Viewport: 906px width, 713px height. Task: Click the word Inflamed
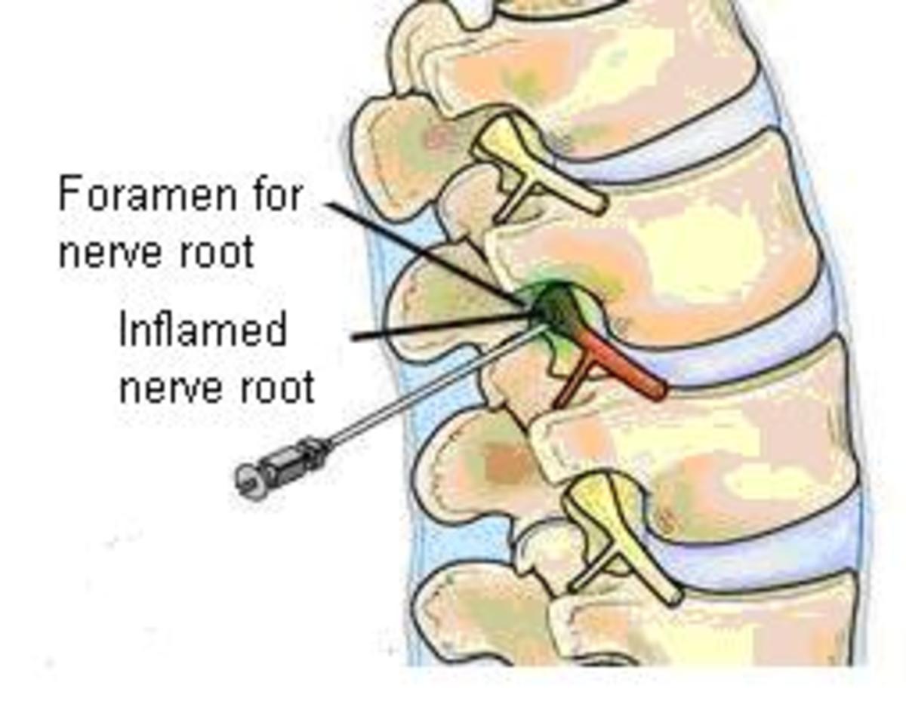[x=202, y=330]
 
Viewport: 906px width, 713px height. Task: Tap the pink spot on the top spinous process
[x=436, y=137]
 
